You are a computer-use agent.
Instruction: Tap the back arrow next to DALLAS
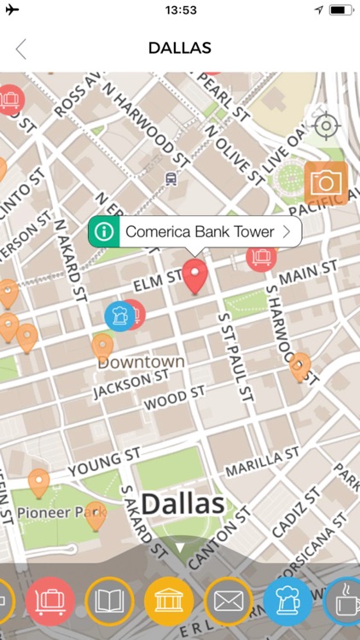[21, 49]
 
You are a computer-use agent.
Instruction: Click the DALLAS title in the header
[179, 49]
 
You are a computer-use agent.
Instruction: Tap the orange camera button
[325, 183]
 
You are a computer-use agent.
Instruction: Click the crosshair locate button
[325, 126]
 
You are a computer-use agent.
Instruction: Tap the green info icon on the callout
[104, 231]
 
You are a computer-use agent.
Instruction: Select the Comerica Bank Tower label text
[200, 231]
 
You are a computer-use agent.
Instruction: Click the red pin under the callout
[197, 276]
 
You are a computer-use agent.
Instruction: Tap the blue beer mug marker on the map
[119, 315]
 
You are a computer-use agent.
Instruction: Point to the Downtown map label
[141, 362]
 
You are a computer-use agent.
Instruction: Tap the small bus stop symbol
[171, 178]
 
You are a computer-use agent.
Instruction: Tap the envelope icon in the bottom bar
[228, 601]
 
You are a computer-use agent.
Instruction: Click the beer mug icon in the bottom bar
[287, 601]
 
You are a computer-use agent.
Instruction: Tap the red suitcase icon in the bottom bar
[49, 601]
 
